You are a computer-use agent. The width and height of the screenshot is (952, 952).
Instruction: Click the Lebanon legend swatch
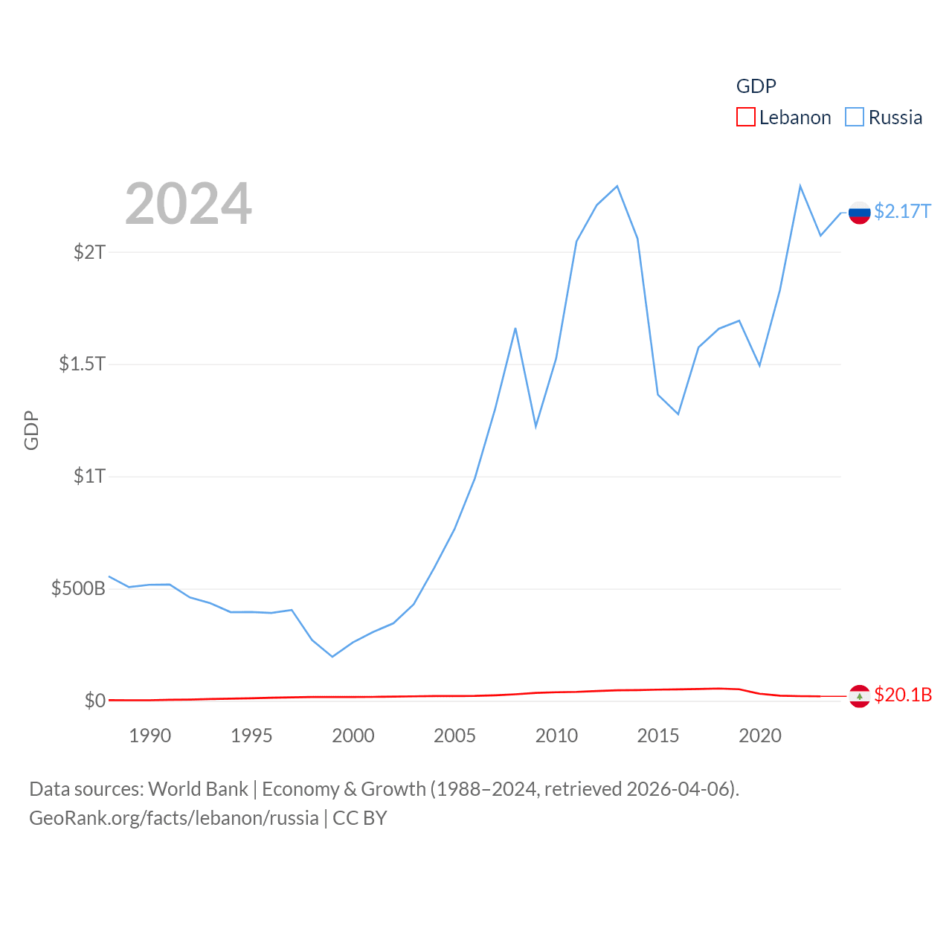[x=745, y=118]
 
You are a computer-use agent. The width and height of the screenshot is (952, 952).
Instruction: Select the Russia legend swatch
[x=855, y=118]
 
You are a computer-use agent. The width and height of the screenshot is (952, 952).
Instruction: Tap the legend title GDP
[x=756, y=86]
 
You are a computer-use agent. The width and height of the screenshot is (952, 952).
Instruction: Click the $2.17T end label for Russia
[x=902, y=212]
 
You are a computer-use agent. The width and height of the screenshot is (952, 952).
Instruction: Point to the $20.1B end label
[x=903, y=695]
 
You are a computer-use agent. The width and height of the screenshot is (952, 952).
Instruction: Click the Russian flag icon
[x=859, y=213]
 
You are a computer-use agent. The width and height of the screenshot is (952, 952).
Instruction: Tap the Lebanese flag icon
[x=859, y=696]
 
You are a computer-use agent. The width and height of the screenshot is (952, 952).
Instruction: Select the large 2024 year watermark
[x=188, y=203]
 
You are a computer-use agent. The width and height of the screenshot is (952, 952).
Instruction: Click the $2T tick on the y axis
[x=89, y=252]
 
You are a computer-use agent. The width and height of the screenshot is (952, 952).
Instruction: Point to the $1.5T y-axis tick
[x=82, y=364]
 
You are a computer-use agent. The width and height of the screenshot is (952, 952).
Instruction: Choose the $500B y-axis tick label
[x=78, y=589]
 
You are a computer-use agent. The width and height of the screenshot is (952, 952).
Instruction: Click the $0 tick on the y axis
[x=94, y=701]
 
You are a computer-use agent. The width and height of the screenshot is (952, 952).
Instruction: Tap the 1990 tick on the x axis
[x=149, y=736]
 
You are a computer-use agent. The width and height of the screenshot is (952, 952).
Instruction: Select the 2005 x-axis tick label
[x=454, y=736]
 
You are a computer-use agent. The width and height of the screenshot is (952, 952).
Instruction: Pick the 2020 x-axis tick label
[x=759, y=736]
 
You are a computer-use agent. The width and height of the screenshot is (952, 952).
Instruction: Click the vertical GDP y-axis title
[x=31, y=431]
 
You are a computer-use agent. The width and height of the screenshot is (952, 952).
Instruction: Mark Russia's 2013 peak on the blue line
[x=617, y=186]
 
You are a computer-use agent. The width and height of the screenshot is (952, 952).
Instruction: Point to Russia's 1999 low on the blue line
[x=332, y=657]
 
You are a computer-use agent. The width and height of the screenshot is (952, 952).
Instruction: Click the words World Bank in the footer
[x=198, y=788]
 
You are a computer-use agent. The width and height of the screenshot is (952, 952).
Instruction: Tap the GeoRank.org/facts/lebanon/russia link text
[x=174, y=818]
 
